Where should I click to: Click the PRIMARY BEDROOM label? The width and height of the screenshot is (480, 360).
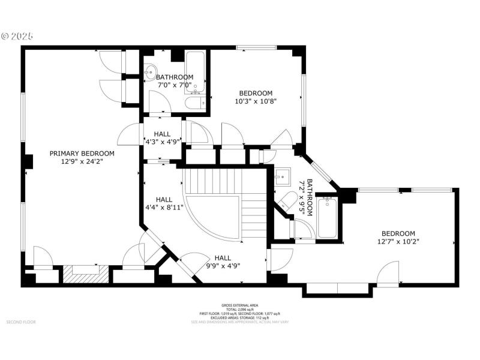coord(82,153)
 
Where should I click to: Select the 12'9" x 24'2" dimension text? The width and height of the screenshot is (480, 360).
coord(82,161)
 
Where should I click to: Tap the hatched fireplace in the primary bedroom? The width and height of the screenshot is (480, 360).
coord(85,274)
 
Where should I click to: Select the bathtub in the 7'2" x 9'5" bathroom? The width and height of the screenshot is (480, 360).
coord(328,217)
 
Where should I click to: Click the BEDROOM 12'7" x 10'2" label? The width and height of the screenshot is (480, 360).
coord(398,238)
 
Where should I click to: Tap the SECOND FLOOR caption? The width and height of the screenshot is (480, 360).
coord(21,322)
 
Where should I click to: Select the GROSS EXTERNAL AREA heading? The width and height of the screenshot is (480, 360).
coord(239,305)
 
